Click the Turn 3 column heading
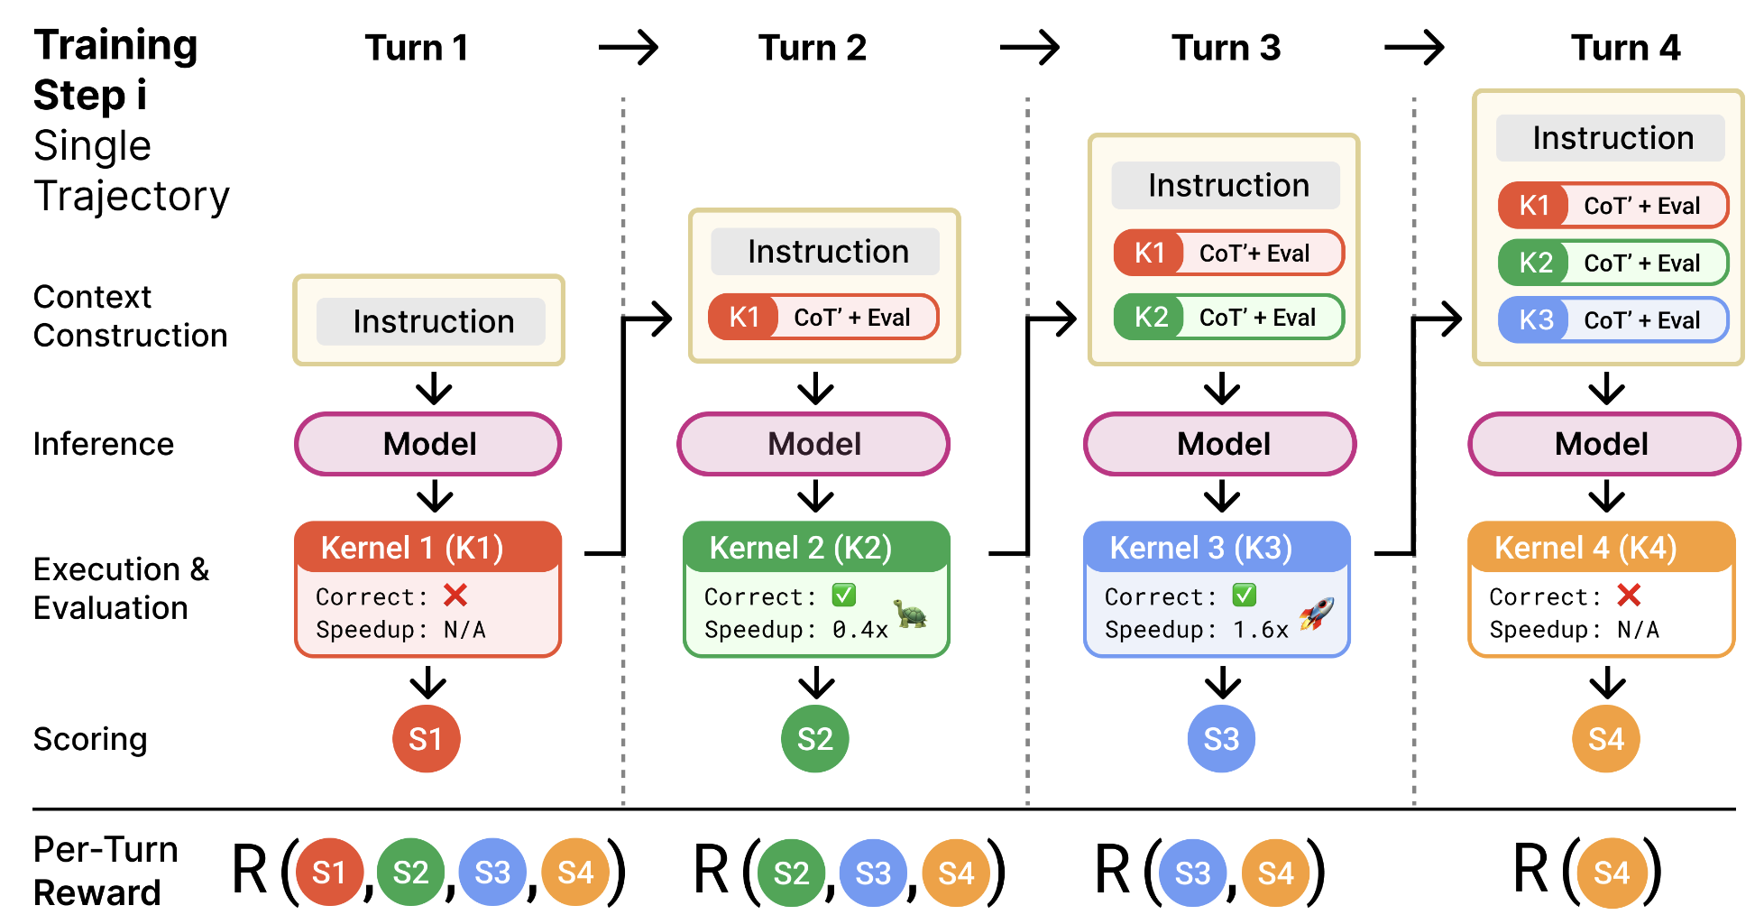(1225, 48)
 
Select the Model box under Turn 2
(813, 444)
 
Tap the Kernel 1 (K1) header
(428, 548)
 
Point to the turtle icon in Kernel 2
(911, 614)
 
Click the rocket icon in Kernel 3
(1316, 614)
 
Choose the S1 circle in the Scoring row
(426, 739)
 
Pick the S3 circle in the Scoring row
(1221, 739)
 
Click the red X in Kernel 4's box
(1629, 596)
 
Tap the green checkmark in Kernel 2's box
(844, 596)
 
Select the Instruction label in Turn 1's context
(432, 321)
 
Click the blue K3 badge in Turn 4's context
(1535, 320)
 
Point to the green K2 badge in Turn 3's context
(1150, 318)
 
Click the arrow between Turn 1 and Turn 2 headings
(629, 47)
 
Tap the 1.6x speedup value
(1261, 630)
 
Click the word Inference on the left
(103, 444)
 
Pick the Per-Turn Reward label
(105, 871)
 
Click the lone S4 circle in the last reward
(1611, 873)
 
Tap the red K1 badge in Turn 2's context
(744, 318)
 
